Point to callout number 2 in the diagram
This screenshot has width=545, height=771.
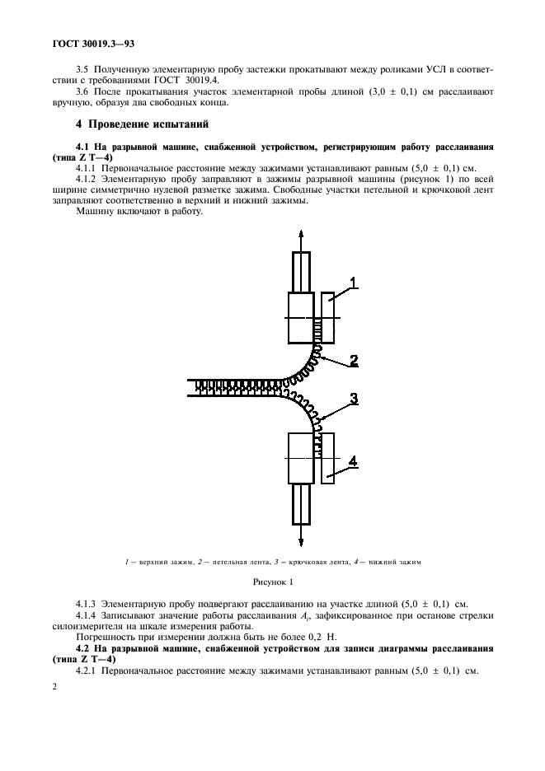point(353,359)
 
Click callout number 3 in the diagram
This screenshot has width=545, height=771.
point(353,399)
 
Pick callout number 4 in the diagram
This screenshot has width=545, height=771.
point(353,462)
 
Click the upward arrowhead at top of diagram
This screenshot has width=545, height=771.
point(301,236)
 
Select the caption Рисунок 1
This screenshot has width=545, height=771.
point(272,582)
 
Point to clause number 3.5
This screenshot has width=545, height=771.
point(83,72)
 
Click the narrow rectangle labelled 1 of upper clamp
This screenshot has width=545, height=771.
point(327,317)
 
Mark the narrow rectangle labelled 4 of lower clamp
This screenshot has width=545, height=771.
point(327,459)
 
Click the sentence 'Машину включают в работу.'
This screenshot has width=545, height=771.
point(138,211)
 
